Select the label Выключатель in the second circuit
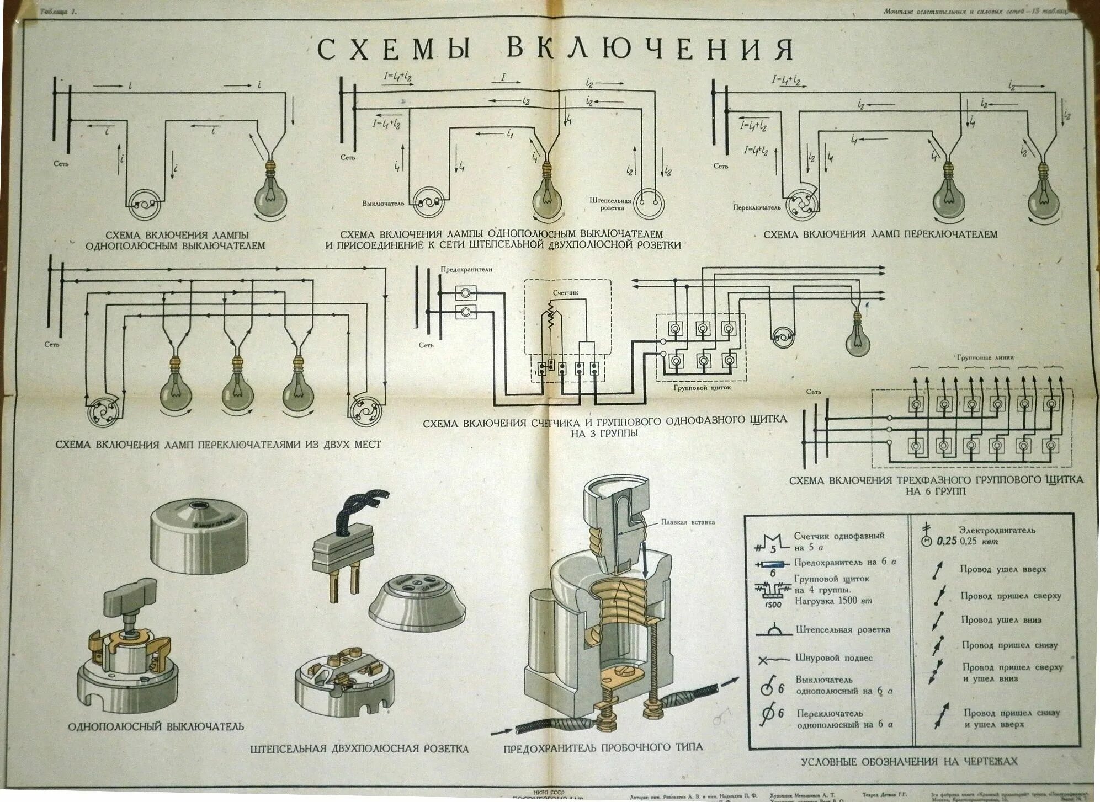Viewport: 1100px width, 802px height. [x=383, y=203]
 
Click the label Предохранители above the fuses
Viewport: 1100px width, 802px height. [x=466, y=269]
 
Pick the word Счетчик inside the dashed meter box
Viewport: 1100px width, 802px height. [x=566, y=293]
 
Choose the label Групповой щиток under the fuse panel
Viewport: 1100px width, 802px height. [x=702, y=387]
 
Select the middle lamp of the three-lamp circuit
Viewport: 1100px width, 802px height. [x=238, y=388]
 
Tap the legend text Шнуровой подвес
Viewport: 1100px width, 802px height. [x=834, y=658]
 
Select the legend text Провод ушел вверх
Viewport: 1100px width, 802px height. [x=1003, y=569]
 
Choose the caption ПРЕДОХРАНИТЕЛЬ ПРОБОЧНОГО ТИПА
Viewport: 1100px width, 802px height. [x=603, y=747]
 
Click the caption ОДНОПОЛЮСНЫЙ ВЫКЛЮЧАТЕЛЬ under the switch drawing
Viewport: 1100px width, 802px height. [x=156, y=726]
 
